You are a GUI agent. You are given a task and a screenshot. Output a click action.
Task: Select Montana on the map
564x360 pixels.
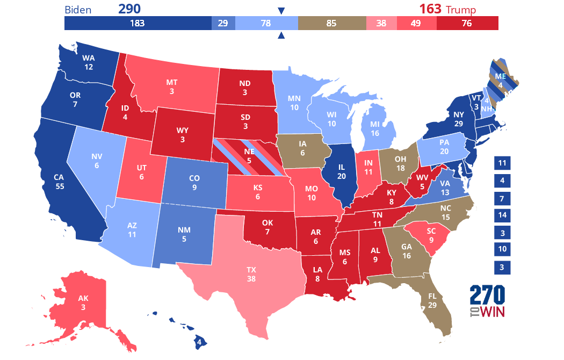click(172, 86)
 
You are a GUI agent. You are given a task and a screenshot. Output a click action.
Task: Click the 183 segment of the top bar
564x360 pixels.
click(138, 23)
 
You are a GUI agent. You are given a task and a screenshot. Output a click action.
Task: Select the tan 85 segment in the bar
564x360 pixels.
click(331, 23)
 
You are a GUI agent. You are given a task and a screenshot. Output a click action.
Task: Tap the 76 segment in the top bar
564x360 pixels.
click(467, 23)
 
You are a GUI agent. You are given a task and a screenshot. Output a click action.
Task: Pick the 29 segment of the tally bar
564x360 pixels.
click(222, 23)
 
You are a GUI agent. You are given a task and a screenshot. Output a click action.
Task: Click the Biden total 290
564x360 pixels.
click(133, 9)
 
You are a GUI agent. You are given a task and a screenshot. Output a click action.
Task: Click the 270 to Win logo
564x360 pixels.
click(488, 301)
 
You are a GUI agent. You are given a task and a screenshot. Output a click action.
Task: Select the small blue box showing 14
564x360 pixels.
click(502, 215)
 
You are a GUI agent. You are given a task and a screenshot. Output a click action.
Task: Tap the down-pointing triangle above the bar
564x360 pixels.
click(281, 10)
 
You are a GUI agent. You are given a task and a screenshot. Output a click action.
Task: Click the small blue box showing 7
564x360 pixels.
click(502, 198)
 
